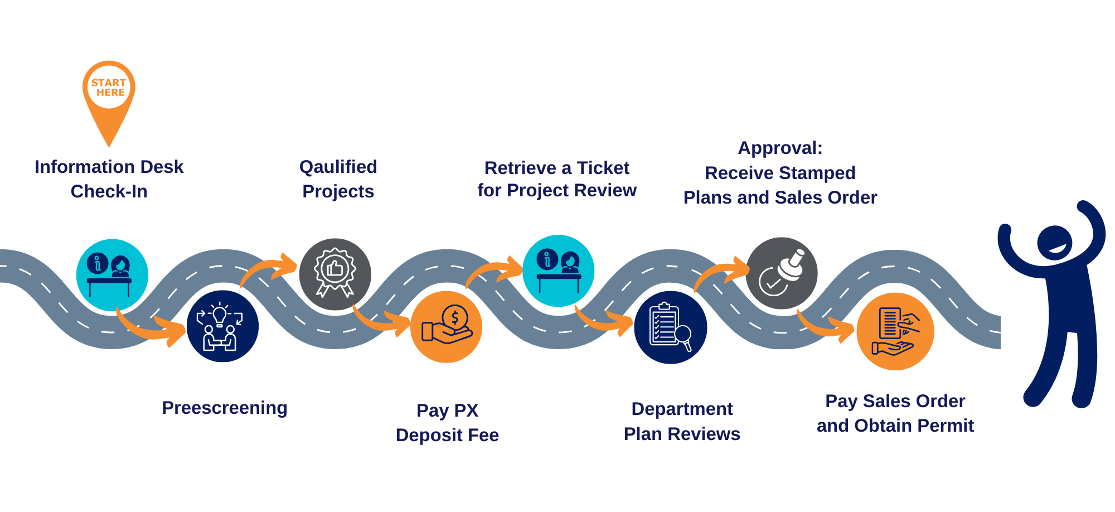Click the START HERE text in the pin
point(109,88)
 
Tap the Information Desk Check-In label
point(109,178)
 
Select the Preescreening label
point(225,408)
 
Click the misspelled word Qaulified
point(338,167)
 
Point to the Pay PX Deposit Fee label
point(447,423)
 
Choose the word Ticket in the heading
point(603,168)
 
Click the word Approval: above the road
point(780,148)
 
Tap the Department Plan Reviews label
point(682,421)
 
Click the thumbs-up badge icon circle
point(335,274)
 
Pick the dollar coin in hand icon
point(447,327)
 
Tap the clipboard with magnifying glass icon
point(671,327)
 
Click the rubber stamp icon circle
point(782,273)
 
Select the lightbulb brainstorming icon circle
point(222,326)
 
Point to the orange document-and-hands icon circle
point(895,331)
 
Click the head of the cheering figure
point(1054,243)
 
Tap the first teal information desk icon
point(112,275)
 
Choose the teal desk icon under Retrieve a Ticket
point(558,271)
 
